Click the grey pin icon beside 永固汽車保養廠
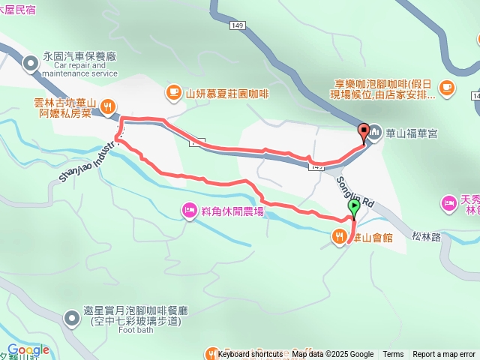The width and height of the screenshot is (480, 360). coord(31,64)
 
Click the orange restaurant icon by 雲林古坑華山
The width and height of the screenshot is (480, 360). coord(108,106)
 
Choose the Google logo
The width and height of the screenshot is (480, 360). coord(28,349)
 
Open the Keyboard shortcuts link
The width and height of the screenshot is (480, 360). coord(250,355)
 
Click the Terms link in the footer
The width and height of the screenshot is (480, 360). coord(393,355)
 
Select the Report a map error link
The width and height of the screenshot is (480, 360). coord(444,355)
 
